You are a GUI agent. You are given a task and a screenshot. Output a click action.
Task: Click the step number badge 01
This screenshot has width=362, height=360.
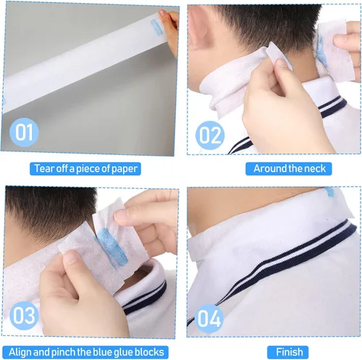[25, 134]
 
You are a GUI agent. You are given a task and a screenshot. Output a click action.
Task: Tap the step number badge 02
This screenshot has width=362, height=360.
[211, 134]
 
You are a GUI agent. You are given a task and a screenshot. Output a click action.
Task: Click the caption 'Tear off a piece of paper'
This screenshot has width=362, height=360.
[85, 169]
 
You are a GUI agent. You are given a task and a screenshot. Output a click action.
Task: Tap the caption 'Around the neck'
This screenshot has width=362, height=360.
[290, 169]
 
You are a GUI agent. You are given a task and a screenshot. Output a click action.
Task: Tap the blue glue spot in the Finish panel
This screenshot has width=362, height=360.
[329, 192]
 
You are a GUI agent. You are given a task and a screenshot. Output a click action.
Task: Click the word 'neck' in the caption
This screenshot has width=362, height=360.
[316, 169]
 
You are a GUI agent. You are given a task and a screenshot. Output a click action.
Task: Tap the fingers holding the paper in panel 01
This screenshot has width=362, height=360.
[169, 29]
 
